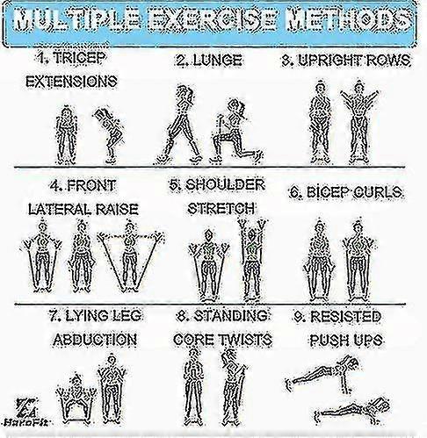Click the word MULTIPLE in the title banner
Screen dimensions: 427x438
(77, 21)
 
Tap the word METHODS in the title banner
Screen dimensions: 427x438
(350, 21)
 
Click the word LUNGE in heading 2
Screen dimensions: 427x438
(218, 60)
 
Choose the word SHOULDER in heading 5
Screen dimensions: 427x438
(225, 185)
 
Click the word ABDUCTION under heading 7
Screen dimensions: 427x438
(95, 340)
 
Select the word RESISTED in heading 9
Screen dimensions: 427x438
(345, 316)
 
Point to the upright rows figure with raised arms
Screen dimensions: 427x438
(359, 122)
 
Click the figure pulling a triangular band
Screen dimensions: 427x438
(130, 256)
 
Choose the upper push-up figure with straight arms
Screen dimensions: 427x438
(322, 375)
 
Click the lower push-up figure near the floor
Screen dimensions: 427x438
(352, 410)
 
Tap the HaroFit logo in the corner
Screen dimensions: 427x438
(26, 413)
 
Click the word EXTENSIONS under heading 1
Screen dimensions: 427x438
(71, 81)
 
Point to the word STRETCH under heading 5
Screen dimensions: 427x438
(221, 208)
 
